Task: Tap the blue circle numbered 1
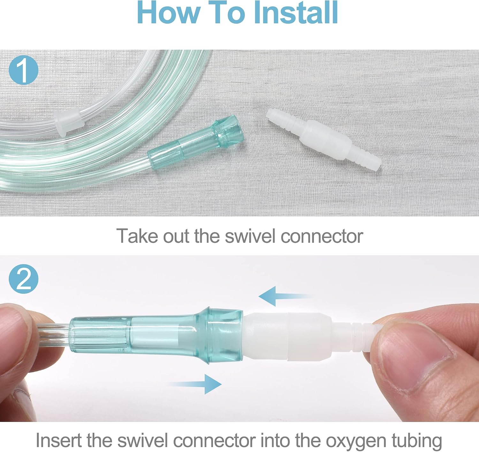tap(24, 69)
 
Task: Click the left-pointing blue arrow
tap(281, 296)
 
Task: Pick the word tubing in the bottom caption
tap(417, 440)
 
